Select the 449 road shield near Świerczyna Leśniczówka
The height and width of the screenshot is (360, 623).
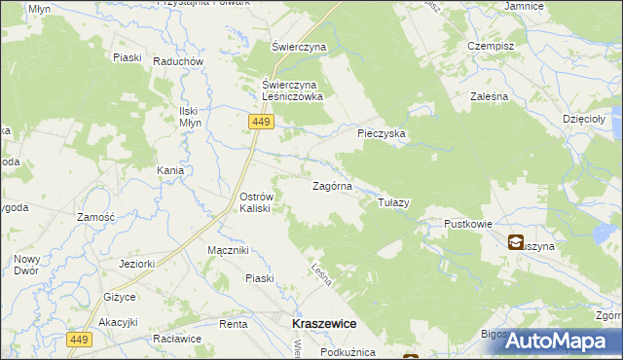(x=261, y=122)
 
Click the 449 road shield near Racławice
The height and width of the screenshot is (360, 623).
(x=80, y=340)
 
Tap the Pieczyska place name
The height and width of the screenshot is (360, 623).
(x=382, y=133)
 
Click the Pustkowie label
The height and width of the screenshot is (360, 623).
(x=468, y=224)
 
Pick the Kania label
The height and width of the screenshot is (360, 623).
(x=171, y=170)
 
